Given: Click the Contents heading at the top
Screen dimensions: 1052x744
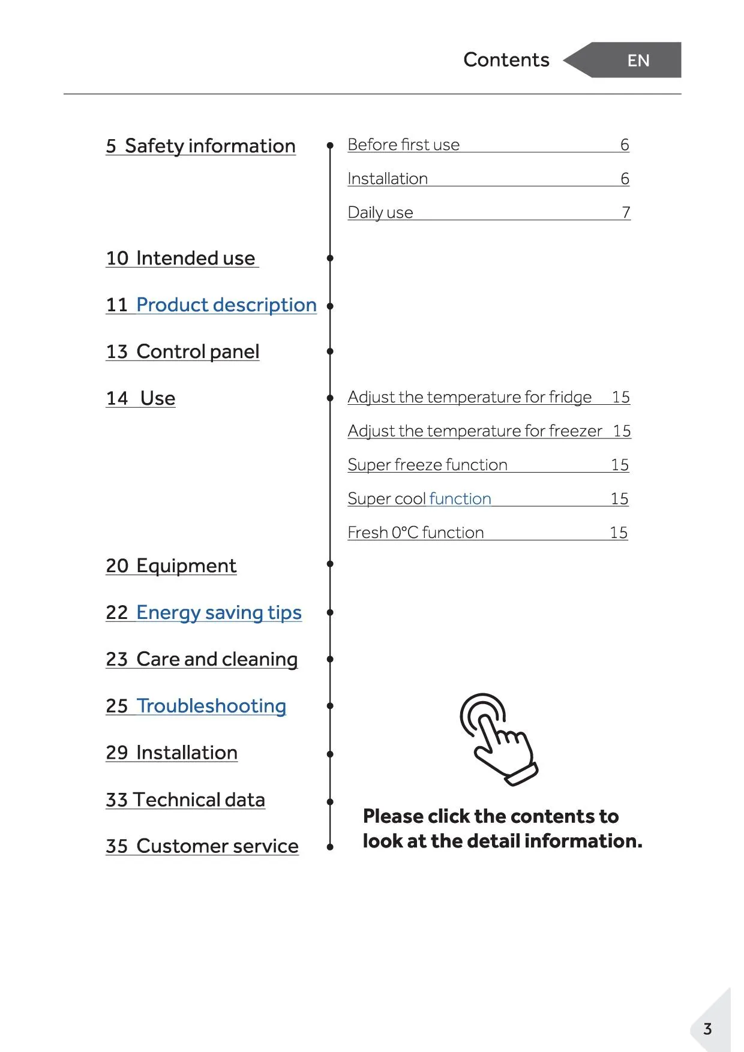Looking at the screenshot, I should click(x=506, y=60).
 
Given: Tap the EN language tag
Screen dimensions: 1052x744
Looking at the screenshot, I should click(x=638, y=61).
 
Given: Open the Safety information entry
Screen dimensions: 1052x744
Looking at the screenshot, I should click(x=200, y=146).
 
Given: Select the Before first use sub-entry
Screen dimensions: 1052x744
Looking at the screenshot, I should click(x=403, y=145).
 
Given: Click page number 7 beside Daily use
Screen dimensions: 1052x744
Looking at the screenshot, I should click(x=626, y=212).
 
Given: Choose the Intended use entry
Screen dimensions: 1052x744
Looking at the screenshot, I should click(x=181, y=258).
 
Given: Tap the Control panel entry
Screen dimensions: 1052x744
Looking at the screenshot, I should click(x=183, y=351).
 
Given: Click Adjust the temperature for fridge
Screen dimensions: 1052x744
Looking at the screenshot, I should click(x=469, y=397).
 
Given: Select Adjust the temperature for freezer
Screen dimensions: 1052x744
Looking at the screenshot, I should click(x=475, y=431).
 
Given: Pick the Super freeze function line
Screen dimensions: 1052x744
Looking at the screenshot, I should click(x=427, y=465).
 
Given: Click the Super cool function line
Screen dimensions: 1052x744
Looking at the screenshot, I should click(x=419, y=498).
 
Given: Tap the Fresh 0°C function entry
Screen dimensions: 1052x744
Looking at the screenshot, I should click(x=415, y=533).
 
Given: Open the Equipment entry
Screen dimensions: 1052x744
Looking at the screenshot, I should click(x=172, y=566).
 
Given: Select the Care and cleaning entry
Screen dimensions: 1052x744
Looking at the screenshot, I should click(x=202, y=659).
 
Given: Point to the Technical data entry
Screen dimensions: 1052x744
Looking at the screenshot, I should click(x=185, y=799).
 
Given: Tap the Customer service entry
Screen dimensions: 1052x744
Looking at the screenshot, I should click(x=202, y=846).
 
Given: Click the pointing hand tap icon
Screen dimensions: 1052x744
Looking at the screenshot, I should click(x=498, y=738).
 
